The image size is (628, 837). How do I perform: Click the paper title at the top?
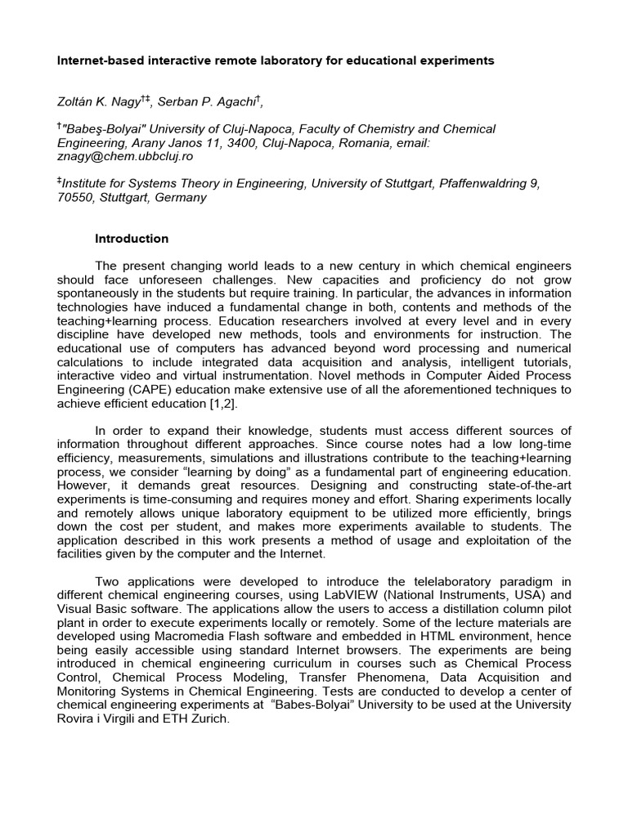(x=275, y=60)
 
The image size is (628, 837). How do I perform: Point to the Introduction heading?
(x=132, y=239)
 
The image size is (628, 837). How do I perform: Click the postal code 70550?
(x=74, y=197)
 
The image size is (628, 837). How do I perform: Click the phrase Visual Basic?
(x=92, y=608)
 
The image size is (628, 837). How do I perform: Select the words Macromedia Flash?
(x=195, y=635)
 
